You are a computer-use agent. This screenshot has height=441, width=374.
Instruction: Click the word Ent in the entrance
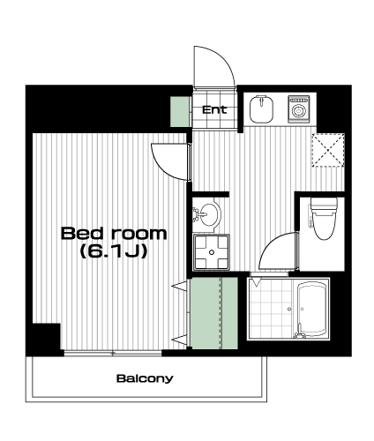(x=214, y=110)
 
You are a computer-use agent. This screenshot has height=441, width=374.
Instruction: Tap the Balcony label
(x=145, y=378)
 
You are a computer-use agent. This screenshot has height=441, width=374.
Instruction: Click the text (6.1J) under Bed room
(x=114, y=251)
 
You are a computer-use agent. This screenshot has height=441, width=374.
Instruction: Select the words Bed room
(x=114, y=234)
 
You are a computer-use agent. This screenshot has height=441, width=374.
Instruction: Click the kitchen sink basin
(x=262, y=109)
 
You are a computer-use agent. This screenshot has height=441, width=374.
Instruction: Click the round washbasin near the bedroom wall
(x=209, y=214)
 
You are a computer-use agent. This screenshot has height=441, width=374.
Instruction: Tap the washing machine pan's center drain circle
(x=212, y=252)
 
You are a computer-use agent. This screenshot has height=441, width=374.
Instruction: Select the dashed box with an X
(x=328, y=150)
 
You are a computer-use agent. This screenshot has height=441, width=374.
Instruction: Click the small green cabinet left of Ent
(x=180, y=112)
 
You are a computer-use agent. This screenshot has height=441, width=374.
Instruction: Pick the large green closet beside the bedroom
(x=213, y=313)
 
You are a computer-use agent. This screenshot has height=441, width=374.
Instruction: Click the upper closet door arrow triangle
(x=179, y=286)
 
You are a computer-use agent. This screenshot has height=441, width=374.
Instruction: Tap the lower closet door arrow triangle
(x=179, y=340)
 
